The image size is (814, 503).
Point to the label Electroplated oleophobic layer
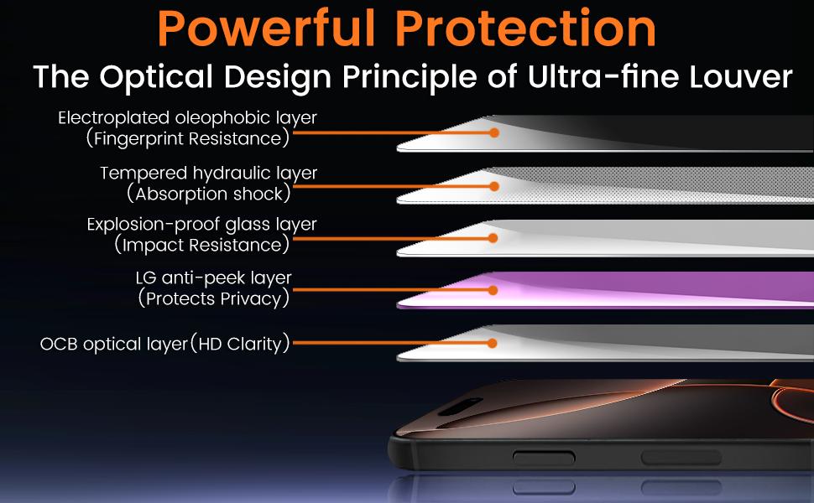tap(187, 118)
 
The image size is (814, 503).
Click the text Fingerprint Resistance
tap(188, 137)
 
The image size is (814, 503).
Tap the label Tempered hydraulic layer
tap(208, 174)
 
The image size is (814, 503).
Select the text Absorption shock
tap(209, 194)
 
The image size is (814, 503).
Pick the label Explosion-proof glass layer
tap(202, 225)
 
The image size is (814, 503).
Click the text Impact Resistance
tap(201, 245)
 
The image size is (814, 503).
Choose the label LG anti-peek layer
tap(213, 277)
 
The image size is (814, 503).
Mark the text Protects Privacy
tap(214, 298)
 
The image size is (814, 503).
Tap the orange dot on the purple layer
tap(494, 289)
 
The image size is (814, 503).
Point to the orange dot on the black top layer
tap(494, 132)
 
